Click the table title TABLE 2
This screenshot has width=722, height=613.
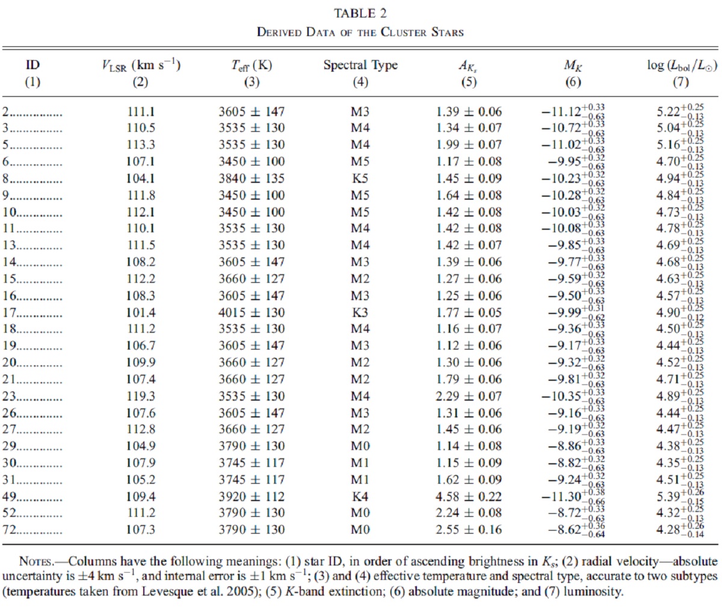click(x=360, y=13)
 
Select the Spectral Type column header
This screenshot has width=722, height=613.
click(x=360, y=66)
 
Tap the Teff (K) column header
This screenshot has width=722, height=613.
click(x=251, y=66)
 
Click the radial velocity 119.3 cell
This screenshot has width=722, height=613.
click(x=140, y=396)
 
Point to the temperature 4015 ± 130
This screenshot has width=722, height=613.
click(x=251, y=312)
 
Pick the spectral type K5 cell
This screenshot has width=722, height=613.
click(x=360, y=179)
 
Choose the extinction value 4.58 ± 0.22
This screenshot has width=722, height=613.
click(x=469, y=496)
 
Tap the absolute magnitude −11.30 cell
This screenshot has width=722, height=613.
click(x=573, y=496)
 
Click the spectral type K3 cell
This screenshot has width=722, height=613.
click(x=360, y=312)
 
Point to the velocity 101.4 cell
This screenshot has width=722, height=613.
click(x=140, y=312)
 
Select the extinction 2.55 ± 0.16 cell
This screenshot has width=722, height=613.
click(x=469, y=529)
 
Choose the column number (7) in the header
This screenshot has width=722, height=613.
click(x=680, y=82)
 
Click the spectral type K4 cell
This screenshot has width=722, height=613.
click(x=360, y=496)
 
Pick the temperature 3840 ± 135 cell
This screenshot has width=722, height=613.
click(x=251, y=179)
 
